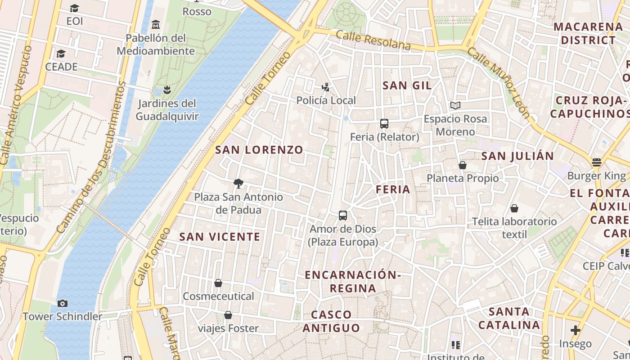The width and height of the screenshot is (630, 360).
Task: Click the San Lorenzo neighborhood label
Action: (259, 150)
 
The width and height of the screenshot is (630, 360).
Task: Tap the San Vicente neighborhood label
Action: (220, 237)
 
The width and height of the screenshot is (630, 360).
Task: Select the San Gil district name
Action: (407, 85)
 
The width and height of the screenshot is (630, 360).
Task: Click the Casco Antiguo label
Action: (331, 321)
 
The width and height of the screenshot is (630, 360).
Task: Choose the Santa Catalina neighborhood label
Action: (509, 318)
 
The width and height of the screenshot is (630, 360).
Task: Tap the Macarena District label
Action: (588, 33)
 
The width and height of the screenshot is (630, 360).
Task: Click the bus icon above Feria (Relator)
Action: (384, 123)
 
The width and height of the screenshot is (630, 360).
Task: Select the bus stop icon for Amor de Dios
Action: (343, 216)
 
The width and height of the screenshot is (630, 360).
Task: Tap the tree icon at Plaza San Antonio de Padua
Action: (238, 183)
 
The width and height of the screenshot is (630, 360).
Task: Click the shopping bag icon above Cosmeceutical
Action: (218, 283)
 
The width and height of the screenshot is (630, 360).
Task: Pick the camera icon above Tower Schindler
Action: (63, 303)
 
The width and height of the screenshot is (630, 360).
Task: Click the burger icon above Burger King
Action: (597, 162)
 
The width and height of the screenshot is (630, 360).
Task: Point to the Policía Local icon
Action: (326, 87)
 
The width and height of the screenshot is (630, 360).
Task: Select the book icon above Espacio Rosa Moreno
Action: (455, 106)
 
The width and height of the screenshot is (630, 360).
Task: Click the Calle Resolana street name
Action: (373, 40)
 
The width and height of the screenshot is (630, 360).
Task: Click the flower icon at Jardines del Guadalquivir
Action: (167, 90)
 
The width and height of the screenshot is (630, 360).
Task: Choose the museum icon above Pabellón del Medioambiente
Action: (156, 24)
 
